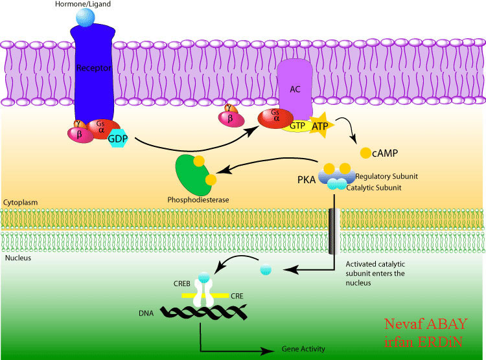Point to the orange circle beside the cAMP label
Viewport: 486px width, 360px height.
pos(365,153)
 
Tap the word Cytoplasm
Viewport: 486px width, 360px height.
pos(19,202)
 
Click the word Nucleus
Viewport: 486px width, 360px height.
pos(16,257)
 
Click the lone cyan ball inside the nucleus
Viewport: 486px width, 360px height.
pos(266,268)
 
